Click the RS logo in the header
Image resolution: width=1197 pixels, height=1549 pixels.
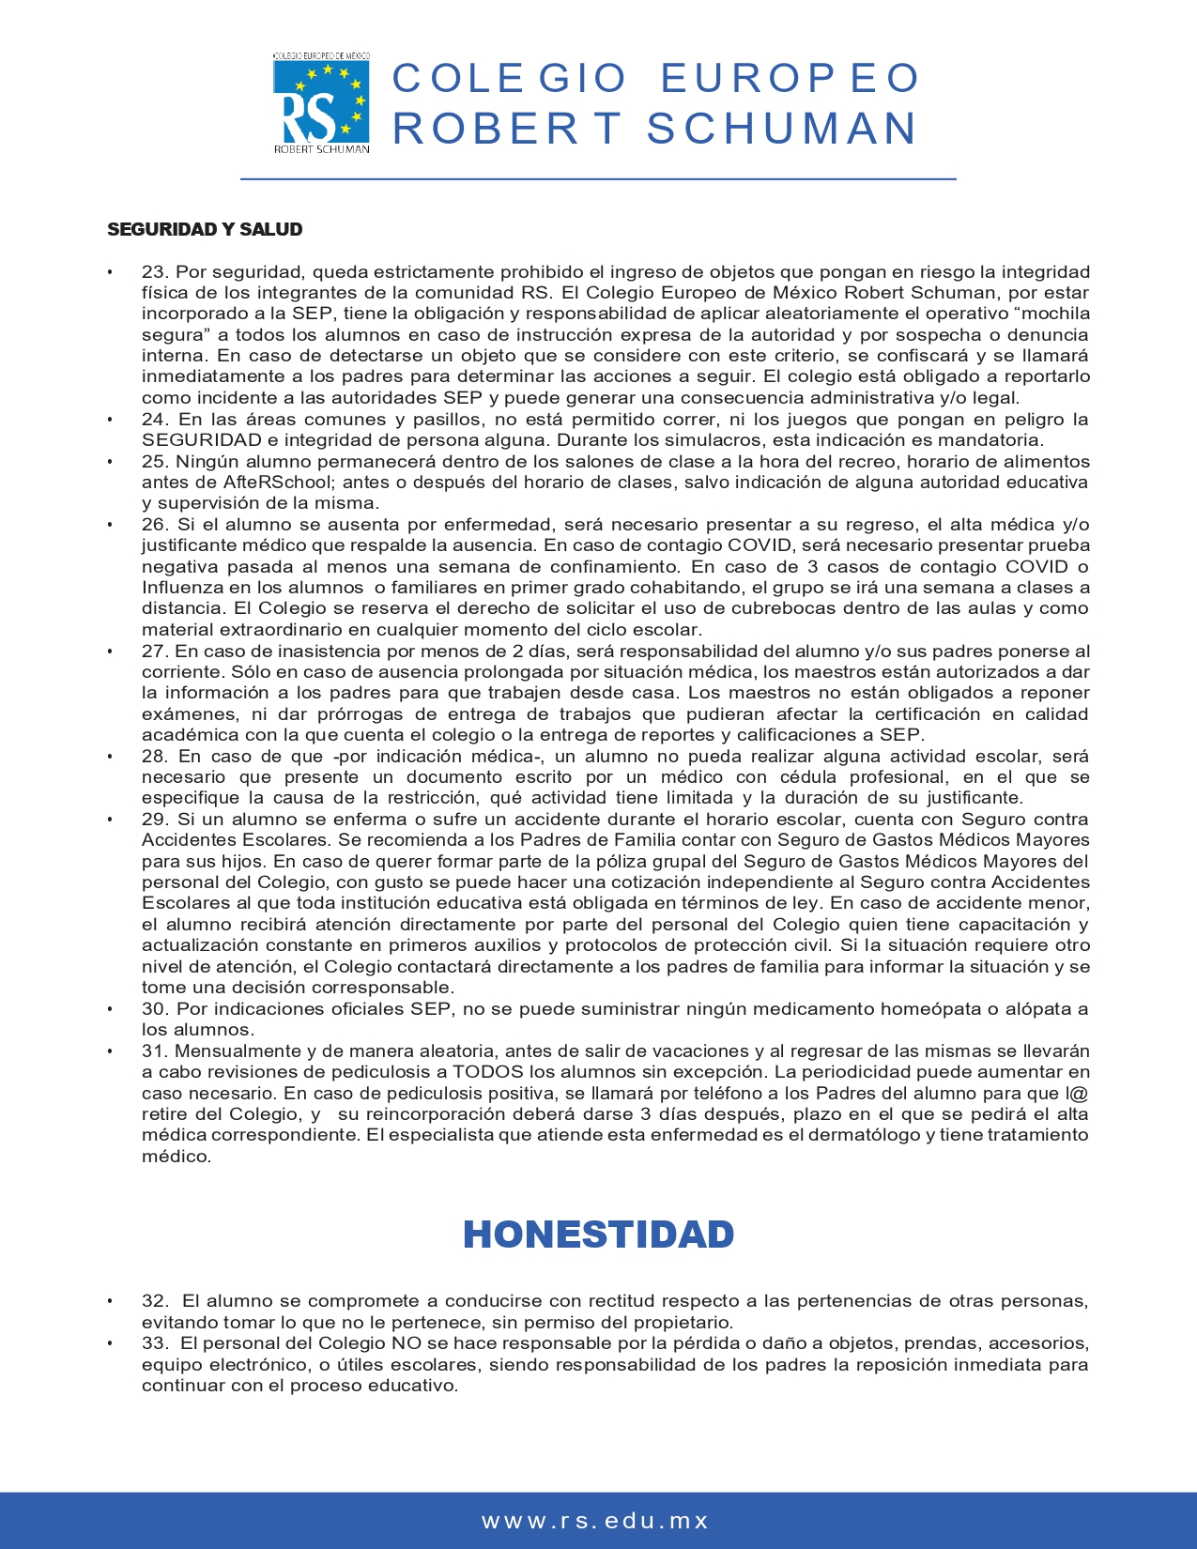pyautogui.click(x=321, y=103)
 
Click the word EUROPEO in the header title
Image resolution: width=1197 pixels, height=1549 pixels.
pyautogui.click(x=790, y=79)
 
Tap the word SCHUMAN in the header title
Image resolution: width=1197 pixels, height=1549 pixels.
pyautogui.click(x=781, y=130)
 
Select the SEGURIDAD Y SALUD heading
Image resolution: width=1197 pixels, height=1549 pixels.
pyautogui.click(x=205, y=230)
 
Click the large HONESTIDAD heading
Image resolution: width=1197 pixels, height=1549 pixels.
pyautogui.click(x=598, y=1235)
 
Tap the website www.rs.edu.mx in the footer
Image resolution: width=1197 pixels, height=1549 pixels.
pyautogui.click(x=595, y=1521)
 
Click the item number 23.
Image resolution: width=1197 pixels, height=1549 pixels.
pyautogui.click(x=155, y=272)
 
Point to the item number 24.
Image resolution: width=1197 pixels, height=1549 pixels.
pyautogui.click(x=155, y=420)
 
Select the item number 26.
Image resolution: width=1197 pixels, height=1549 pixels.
pyautogui.click(x=155, y=525)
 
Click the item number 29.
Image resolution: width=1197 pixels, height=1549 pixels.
pyautogui.click(x=155, y=820)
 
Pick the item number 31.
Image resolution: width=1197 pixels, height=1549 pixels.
pyautogui.click(x=155, y=1051)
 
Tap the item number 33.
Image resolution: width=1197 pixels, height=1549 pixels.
pyautogui.click(x=155, y=1343)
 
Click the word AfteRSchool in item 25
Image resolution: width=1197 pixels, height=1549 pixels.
pyautogui.click(x=279, y=483)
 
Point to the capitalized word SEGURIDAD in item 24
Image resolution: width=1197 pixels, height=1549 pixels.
pyautogui.click(x=202, y=440)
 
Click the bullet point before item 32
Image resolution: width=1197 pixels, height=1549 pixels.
pyautogui.click(x=111, y=1302)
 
